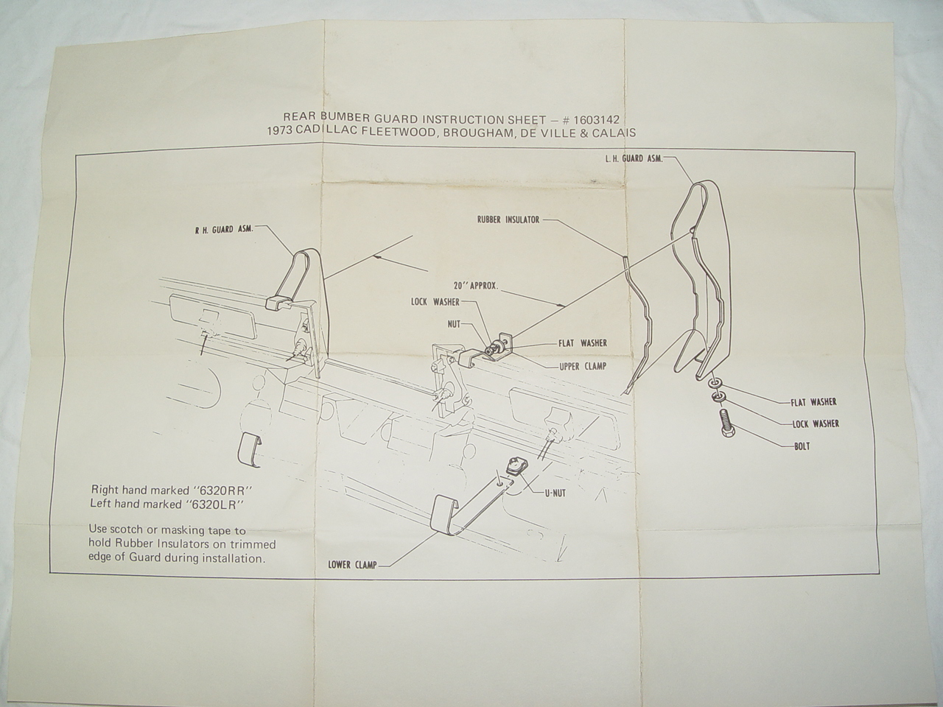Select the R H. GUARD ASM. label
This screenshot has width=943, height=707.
tap(224, 229)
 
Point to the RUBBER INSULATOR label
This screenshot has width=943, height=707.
tap(508, 219)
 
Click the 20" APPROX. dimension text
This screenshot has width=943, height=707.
tap(476, 286)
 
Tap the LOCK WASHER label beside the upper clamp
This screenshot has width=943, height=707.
tap(435, 302)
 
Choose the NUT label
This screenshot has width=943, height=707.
tap(454, 325)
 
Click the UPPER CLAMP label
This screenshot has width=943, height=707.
tap(583, 366)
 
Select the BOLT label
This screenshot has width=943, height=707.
tap(802, 446)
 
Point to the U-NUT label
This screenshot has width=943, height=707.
tap(555, 493)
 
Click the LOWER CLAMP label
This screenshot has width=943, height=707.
tap(352, 565)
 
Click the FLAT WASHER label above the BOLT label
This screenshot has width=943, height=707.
tap(813, 402)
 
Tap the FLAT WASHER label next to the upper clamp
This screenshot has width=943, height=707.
tap(583, 343)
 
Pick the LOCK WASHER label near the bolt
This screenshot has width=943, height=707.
tap(816, 423)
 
